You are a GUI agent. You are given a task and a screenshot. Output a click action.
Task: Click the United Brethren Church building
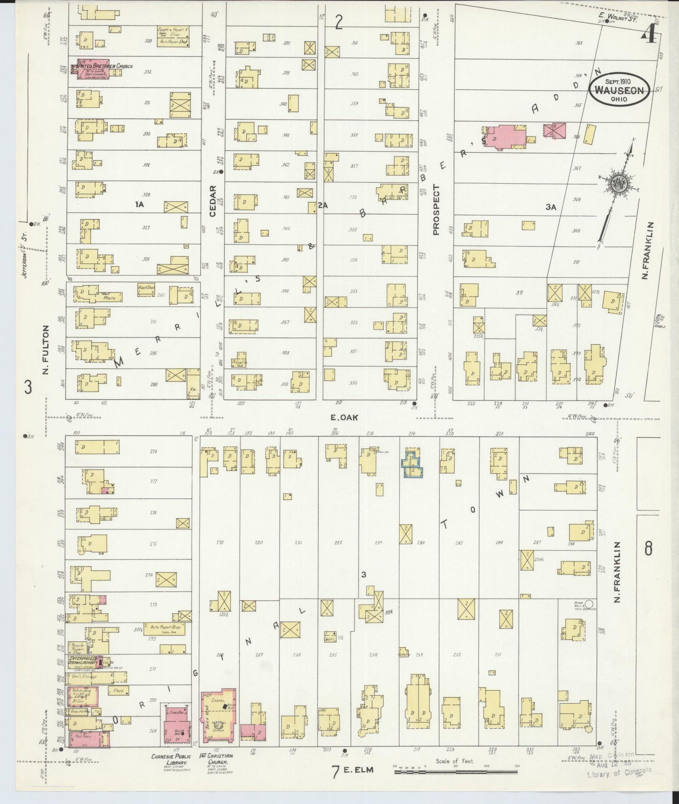coord(93,69)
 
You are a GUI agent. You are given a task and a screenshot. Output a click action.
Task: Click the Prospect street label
coord(436,210)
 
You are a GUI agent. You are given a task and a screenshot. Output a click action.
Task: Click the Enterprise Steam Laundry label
coord(83,661)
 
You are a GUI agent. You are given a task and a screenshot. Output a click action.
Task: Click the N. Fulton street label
coord(46,350)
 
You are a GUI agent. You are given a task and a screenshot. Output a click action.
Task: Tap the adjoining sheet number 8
coord(648,548)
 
